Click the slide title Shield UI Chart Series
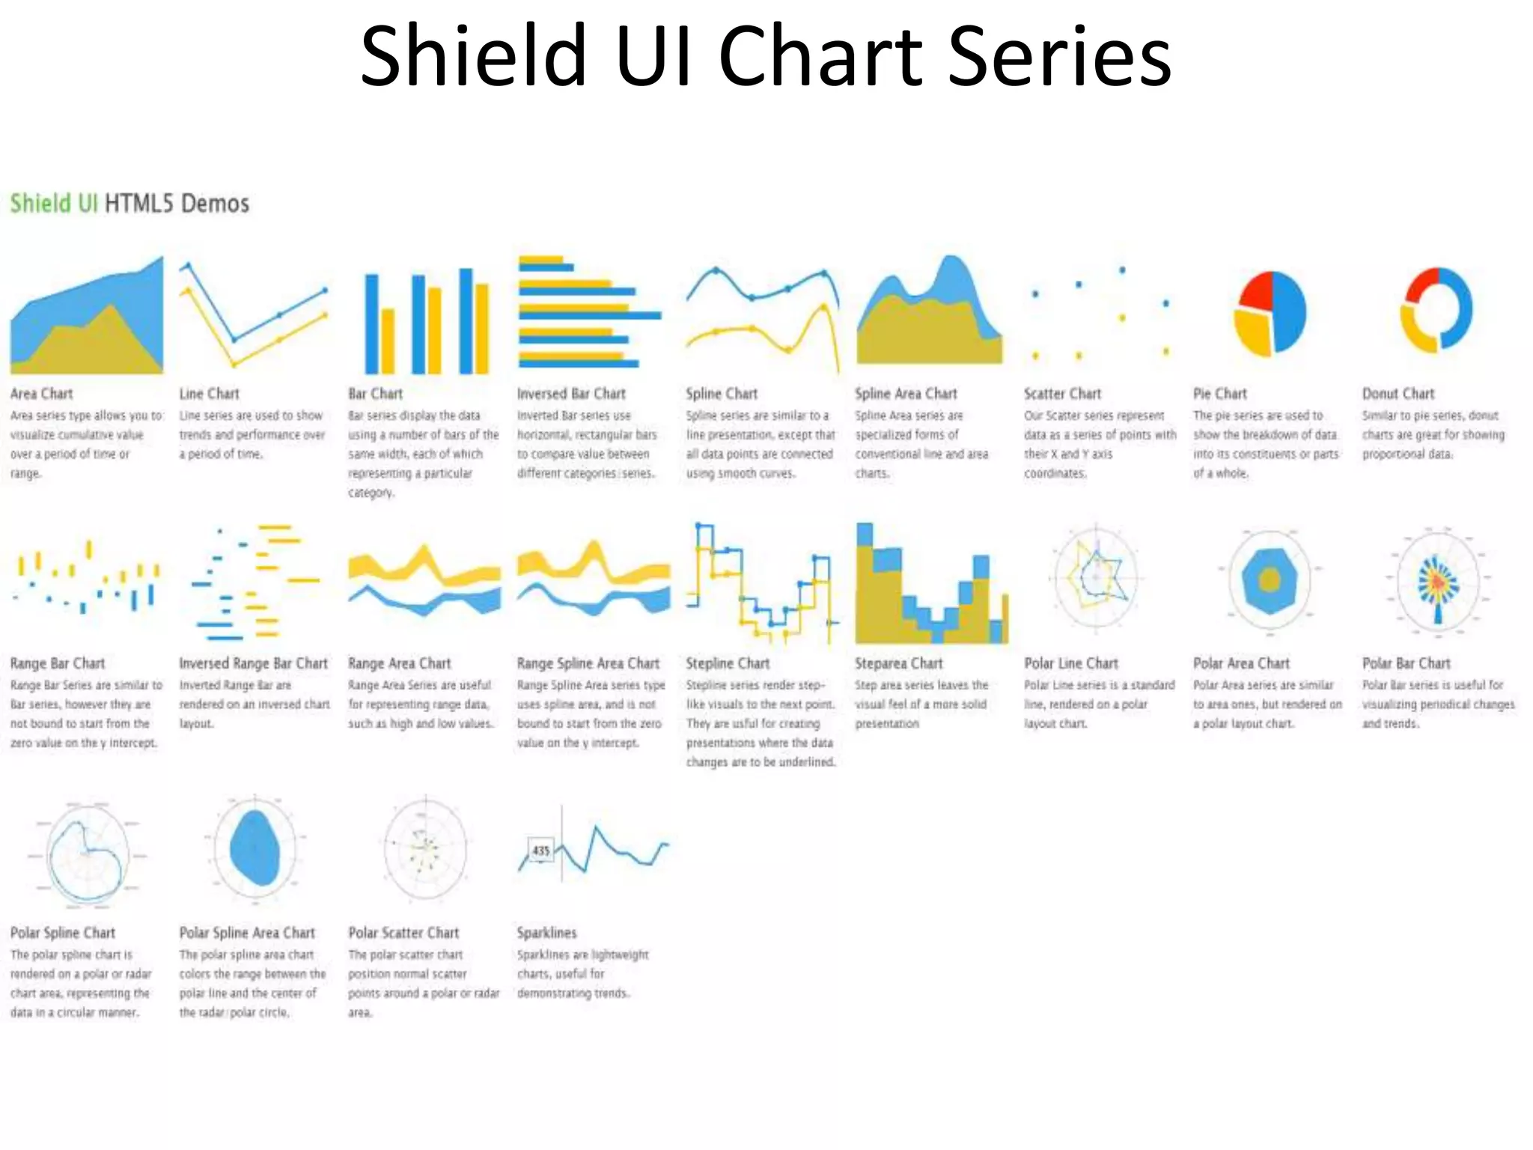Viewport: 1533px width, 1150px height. pyautogui.click(x=765, y=56)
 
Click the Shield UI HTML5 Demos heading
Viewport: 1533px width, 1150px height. pyautogui.click(x=129, y=204)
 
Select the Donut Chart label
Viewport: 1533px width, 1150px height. pyautogui.click(x=1398, y=394)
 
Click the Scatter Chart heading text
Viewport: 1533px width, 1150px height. pyautogui.click(x=1062, y=394)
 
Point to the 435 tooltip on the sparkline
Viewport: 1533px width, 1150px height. pyautogui.click(x=540, y=851)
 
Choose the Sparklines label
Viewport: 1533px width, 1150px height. pyautogui.click(x=546, y=933)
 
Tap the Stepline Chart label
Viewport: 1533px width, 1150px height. pyautogui.click(x=727, y=663)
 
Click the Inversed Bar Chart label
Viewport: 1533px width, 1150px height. pyautogui.click(x=570, y=394)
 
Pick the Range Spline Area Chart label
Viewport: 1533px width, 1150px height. pyautogui.click(x=588, y=663)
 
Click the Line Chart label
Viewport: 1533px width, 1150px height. pyautogui.click(x=209, y=394)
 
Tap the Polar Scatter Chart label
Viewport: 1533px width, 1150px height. pyautogui.click(x=403, y=933)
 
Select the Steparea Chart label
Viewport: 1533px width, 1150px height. pyautogui.click(x=898, y=663)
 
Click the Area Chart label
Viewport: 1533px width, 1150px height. pyautogui.click(x=41, y=394)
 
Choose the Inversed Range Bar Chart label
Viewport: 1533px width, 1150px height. pyautogui.click(x=253, y=663)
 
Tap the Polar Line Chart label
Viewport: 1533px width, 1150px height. pyautogui.click(x=1070, y=663)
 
